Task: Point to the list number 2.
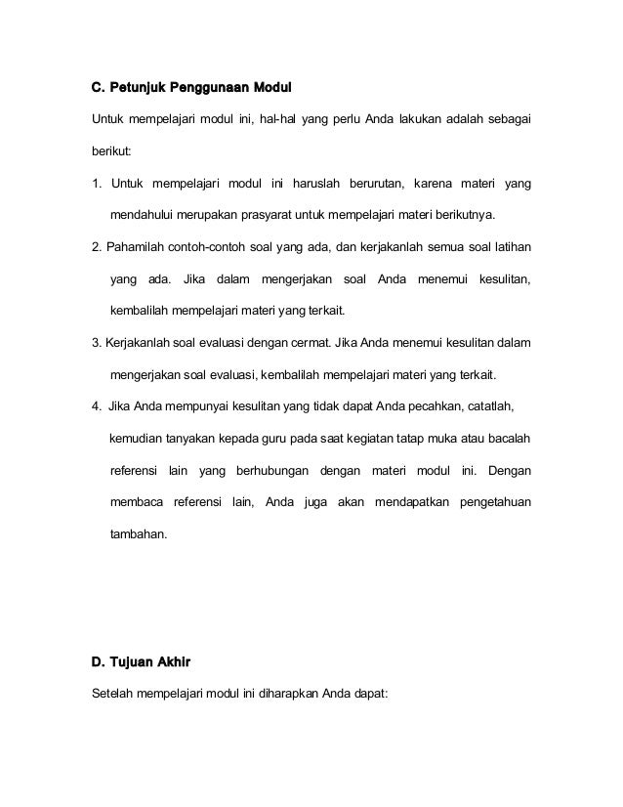coord(95,247)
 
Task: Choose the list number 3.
coord(95,343)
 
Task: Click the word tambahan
coord(139,534)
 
